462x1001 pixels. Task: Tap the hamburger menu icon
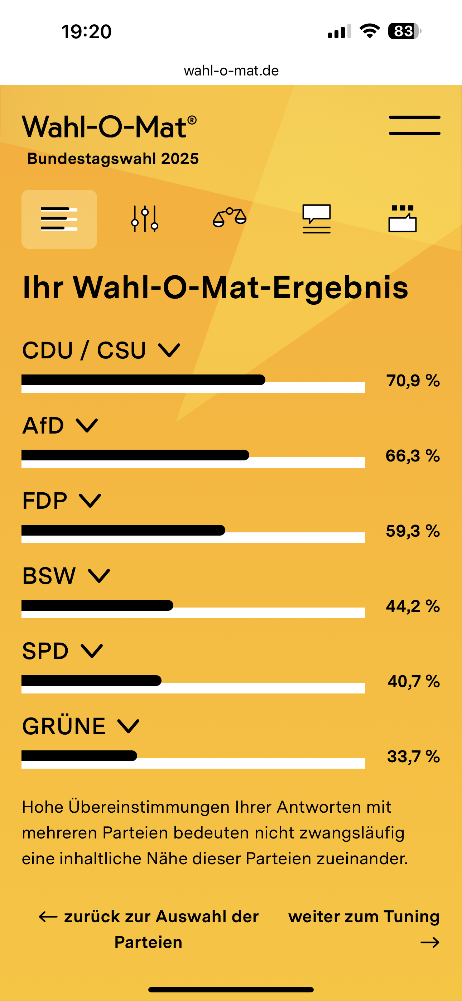415,125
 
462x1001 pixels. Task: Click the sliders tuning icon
145,219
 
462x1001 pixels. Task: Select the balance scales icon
230,218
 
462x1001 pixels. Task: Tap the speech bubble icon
317,219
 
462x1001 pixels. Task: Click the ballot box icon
403,219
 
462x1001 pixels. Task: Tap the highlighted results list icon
59,219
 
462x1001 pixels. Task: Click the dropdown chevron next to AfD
87,426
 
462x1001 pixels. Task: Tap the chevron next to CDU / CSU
169,350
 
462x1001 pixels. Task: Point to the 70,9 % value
413,381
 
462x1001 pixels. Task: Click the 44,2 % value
413,606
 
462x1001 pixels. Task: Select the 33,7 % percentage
413,756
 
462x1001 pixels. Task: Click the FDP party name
45,500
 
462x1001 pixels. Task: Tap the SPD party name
45,651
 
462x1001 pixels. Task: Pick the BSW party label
49,576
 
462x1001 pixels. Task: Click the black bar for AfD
135,455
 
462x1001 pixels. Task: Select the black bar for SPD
91,681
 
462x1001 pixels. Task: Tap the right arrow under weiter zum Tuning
430,942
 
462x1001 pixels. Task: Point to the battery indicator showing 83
404,31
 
